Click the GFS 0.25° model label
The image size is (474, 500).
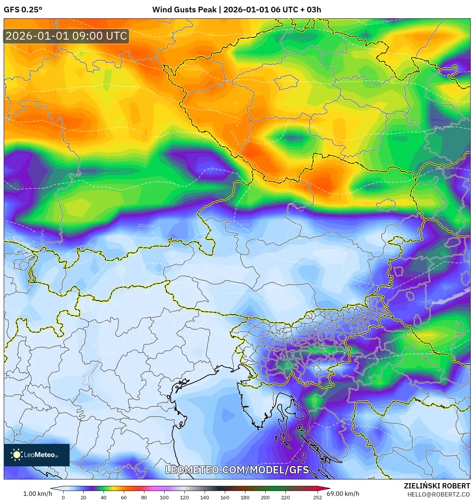[x=23, y=10]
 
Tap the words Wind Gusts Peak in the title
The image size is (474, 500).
[x=184, y=10]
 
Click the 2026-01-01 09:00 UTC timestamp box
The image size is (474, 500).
[x=66, y=36]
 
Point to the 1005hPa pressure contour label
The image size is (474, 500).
[x=379, y=22]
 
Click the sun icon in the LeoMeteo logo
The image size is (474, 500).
[x=17, y=454]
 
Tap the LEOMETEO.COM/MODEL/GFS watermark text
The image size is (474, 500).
[x=237, y=470]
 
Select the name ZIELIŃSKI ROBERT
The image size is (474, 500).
[x=437, y=486]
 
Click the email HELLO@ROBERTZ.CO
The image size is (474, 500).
[x=438, y=494]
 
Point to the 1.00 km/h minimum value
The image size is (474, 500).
[x=37, y=494]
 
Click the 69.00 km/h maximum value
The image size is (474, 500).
[x=343, y=494]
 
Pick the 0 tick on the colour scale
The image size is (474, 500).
[x=63, y=497]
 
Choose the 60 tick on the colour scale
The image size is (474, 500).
[x=123, y=497]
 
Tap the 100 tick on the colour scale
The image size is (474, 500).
[x=164, y=497]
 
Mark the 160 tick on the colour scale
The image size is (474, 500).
[x=224, y=497]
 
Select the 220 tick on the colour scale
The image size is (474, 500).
[x=285, y=497]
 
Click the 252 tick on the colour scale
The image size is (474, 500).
[x=317, y=497]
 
